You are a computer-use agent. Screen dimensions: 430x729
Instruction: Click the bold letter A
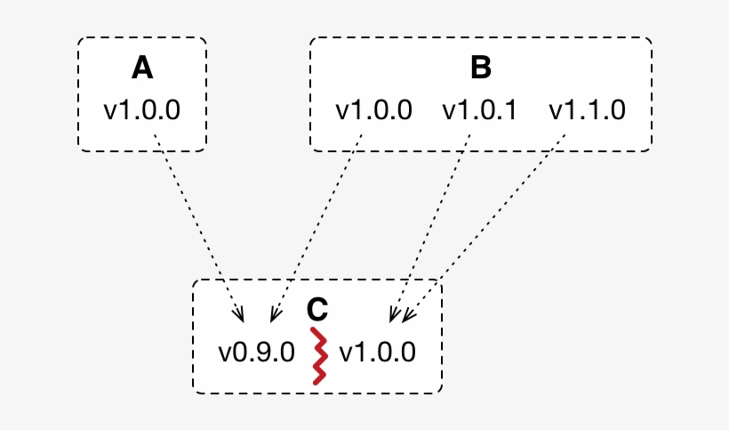(142, 69)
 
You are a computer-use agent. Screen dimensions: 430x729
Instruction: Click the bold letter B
(481, 69)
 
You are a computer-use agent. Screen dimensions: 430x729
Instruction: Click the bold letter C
(317, 309)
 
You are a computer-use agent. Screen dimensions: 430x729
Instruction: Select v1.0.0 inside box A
(142, 110)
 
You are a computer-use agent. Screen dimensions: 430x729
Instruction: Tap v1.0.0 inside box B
(373, 110)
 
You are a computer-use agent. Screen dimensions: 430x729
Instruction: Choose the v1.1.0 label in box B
(588, 110)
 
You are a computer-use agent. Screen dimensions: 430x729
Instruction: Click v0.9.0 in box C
(256, 352)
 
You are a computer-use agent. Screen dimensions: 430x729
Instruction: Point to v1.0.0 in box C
(377, 352)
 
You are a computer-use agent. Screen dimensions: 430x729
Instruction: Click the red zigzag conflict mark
(318, 356)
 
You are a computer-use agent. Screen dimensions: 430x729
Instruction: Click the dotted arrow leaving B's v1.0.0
(318, 223)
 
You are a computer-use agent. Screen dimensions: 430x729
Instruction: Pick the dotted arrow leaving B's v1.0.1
(430, 223)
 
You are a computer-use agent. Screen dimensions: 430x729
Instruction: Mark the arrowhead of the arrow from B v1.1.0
(408, 315)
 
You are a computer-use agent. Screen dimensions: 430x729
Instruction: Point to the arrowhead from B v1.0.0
(273, 314)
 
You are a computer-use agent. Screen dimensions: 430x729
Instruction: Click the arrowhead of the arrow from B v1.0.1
(394, 314)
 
